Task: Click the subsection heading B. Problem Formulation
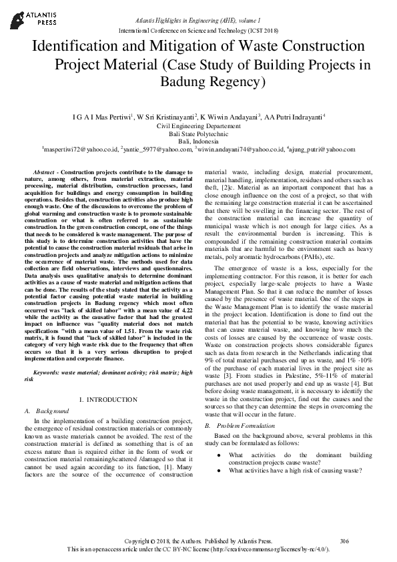pos(242,425)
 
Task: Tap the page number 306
pos(344,540)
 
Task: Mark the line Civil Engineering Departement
pos(198,125)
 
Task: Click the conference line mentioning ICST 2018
pos(198,31)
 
